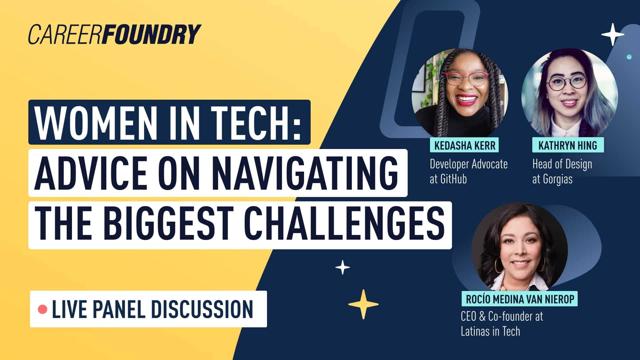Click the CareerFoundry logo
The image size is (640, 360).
(114, 34)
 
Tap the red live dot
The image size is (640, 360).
(42, 309)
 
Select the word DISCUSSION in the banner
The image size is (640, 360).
(202, 309)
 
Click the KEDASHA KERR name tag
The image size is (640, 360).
(465, 145)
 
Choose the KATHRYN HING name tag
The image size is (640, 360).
(567, 145)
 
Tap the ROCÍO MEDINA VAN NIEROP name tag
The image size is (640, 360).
(520, 299)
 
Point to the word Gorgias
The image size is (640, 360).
(558, 179)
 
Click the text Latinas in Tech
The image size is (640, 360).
(490, 331)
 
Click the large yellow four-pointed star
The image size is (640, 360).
(363, 304)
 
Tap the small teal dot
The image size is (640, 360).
(629, 57)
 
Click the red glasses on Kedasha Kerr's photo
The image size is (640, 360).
(467, 79)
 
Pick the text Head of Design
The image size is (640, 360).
(562, 164)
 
